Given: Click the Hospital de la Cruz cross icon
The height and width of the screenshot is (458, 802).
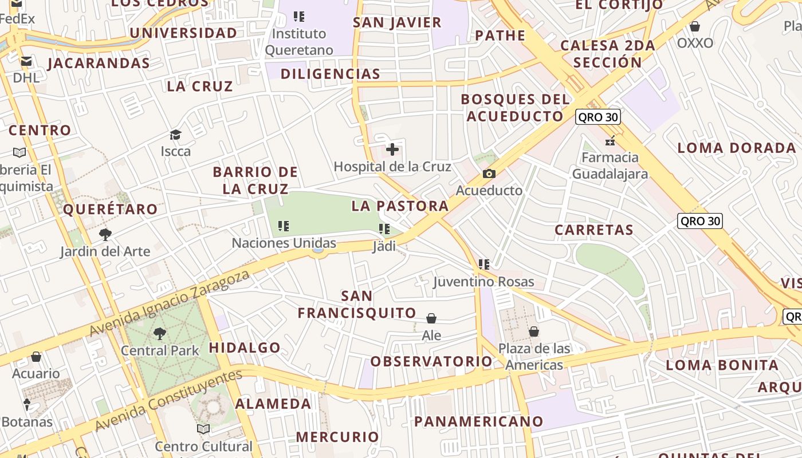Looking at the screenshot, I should [x=392, y=150].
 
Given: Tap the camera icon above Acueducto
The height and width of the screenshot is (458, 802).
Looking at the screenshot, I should [x=489, y=173].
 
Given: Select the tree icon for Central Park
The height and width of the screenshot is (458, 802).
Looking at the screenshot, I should [x=160, y=333].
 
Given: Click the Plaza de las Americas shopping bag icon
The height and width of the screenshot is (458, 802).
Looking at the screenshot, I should [x=534, y=331].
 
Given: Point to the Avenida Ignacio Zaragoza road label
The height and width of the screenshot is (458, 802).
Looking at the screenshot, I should [x=170, y=303].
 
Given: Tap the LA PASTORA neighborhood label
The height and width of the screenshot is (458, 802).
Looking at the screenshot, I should [x=400, y=206].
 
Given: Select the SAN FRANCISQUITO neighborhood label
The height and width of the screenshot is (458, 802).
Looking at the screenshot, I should [x=357, y=305].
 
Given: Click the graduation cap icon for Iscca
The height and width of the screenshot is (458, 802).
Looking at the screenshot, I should [x=175, y=135].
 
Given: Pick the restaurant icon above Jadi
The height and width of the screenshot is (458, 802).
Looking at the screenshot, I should [x=384, y=230].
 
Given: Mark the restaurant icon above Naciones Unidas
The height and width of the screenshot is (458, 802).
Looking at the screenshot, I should [x=284, y=226].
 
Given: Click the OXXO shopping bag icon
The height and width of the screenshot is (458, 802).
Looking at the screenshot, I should [x=695, y=26].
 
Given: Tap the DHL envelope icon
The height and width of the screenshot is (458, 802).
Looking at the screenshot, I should [x=26, y=61].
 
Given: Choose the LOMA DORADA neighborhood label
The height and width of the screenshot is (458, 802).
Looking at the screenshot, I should [x=737, y=148].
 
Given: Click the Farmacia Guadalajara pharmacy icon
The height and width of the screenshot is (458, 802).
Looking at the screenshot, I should [x=610, y=140].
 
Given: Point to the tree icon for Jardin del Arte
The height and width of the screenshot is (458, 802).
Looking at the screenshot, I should [x=105, y=234].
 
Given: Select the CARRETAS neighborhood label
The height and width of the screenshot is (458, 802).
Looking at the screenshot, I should [x=594, y=230].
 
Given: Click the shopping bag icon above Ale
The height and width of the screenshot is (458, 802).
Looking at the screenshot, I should [x=431, y=318].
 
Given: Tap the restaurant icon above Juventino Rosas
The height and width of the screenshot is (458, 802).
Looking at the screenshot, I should [x=484, y=264].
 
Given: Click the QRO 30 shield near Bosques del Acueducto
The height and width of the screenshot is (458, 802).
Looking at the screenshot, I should [x=598, y=117].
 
